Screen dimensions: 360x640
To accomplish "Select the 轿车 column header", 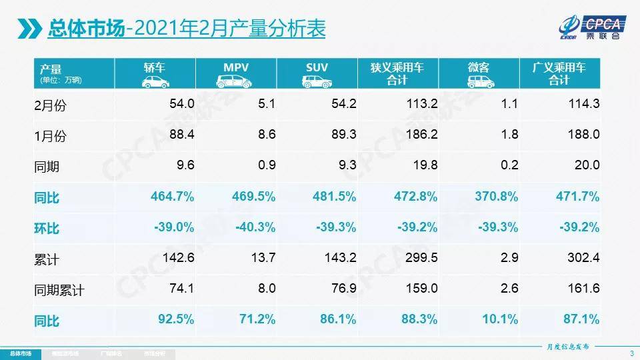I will pos(155,73).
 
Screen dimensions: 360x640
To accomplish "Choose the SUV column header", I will pos(317,73).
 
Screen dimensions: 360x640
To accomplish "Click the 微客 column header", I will pos(478,73).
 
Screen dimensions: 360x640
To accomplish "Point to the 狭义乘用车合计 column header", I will pos(397,73).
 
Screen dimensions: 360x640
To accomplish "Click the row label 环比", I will pos(47,229).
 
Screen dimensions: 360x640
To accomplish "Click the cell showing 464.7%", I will pos(173,197).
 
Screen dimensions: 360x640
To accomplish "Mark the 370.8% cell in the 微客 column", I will pos(497,197).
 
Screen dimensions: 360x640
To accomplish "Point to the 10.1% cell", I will pos(500,320).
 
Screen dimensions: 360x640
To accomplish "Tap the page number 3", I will pos(631,352).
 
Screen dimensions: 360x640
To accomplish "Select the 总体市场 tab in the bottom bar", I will pos(20,352).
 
